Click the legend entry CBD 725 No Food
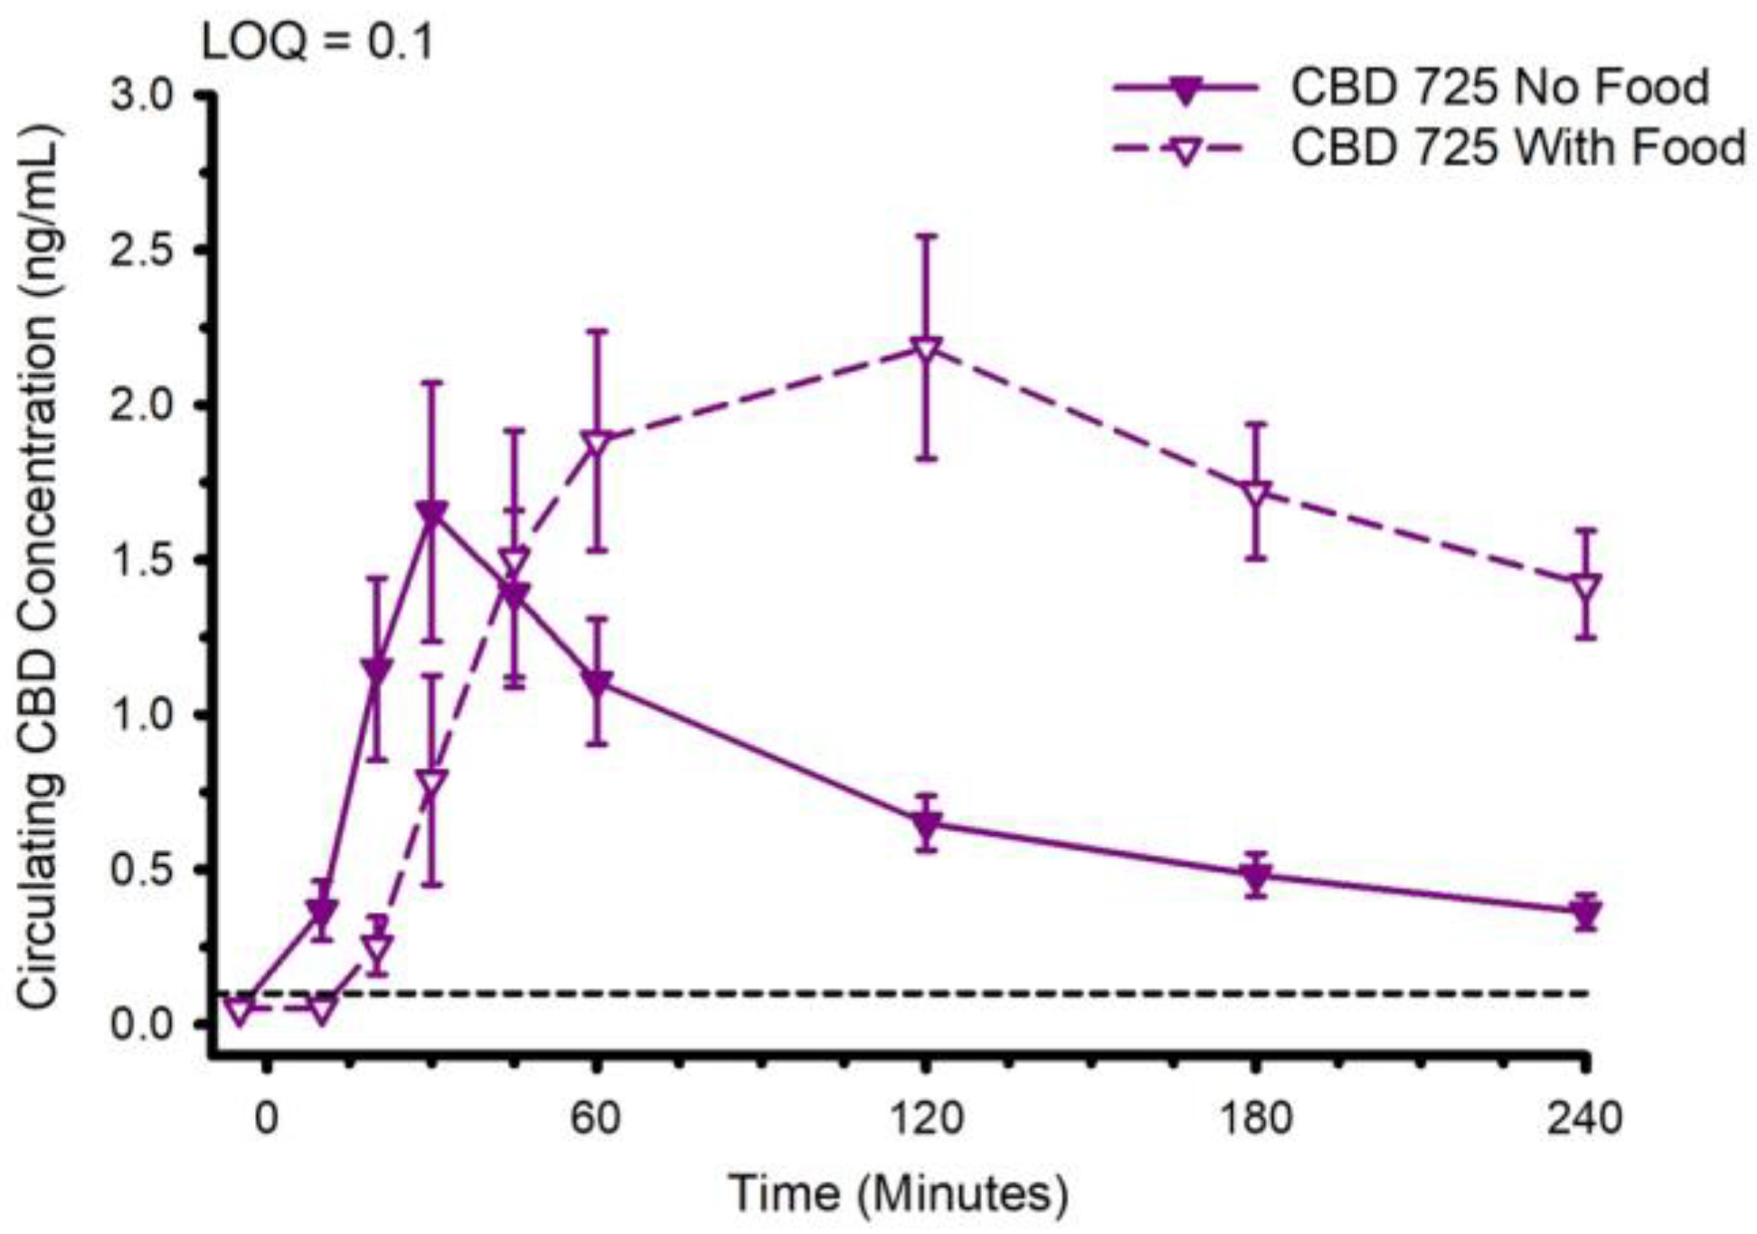click(x=1499, y=88)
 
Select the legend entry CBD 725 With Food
click(x=1517, y=147)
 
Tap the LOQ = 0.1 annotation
click(x=318, y=43)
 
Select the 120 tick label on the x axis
click(x=924, y=1119)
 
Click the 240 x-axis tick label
click(x=1584, y=1119)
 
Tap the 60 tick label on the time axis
click(x=595, y=1119)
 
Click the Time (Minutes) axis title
click(x=899, y=1193)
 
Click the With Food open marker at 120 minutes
click(x=924, y=349)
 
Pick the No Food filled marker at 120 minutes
click(x=924, y=824)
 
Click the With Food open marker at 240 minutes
click(x=1585, y=584)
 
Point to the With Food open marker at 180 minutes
click(x=1255, y=494)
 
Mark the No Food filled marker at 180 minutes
click(x=1255, y=875)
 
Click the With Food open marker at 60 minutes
click(x=595, y=444)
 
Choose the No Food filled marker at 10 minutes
click(x=321, y=910)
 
